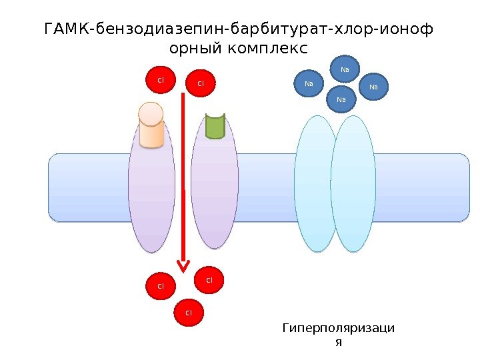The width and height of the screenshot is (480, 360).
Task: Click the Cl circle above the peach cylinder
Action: [160, 80]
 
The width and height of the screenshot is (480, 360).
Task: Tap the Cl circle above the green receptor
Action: [201, 83]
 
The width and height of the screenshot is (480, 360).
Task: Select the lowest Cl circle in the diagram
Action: [189, 312]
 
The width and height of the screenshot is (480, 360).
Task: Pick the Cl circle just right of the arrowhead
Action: [209, 280]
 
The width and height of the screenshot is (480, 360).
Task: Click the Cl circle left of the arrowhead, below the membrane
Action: [160, 286]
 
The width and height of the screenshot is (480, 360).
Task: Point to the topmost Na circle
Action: [345, 69]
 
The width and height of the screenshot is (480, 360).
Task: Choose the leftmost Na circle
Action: [309, 84]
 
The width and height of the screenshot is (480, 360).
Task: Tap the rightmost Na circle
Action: [373, 87]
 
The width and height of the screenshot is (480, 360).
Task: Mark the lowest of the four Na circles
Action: [342, 99]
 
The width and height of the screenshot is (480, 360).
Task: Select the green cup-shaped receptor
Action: [215, 125]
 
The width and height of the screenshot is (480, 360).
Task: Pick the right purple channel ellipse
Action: [215, 187]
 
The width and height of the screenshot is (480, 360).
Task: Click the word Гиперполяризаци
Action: [338, 328]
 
